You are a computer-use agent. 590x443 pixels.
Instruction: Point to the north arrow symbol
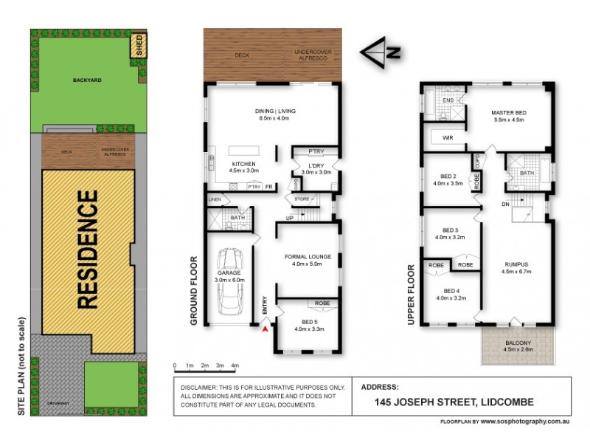(381, 52)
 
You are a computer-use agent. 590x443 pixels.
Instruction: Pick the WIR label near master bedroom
(448, 138)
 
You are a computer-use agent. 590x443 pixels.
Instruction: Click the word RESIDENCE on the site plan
(88, 250)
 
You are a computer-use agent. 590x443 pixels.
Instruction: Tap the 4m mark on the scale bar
(235, 365)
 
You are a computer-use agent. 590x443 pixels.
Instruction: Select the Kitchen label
(244, 164)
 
